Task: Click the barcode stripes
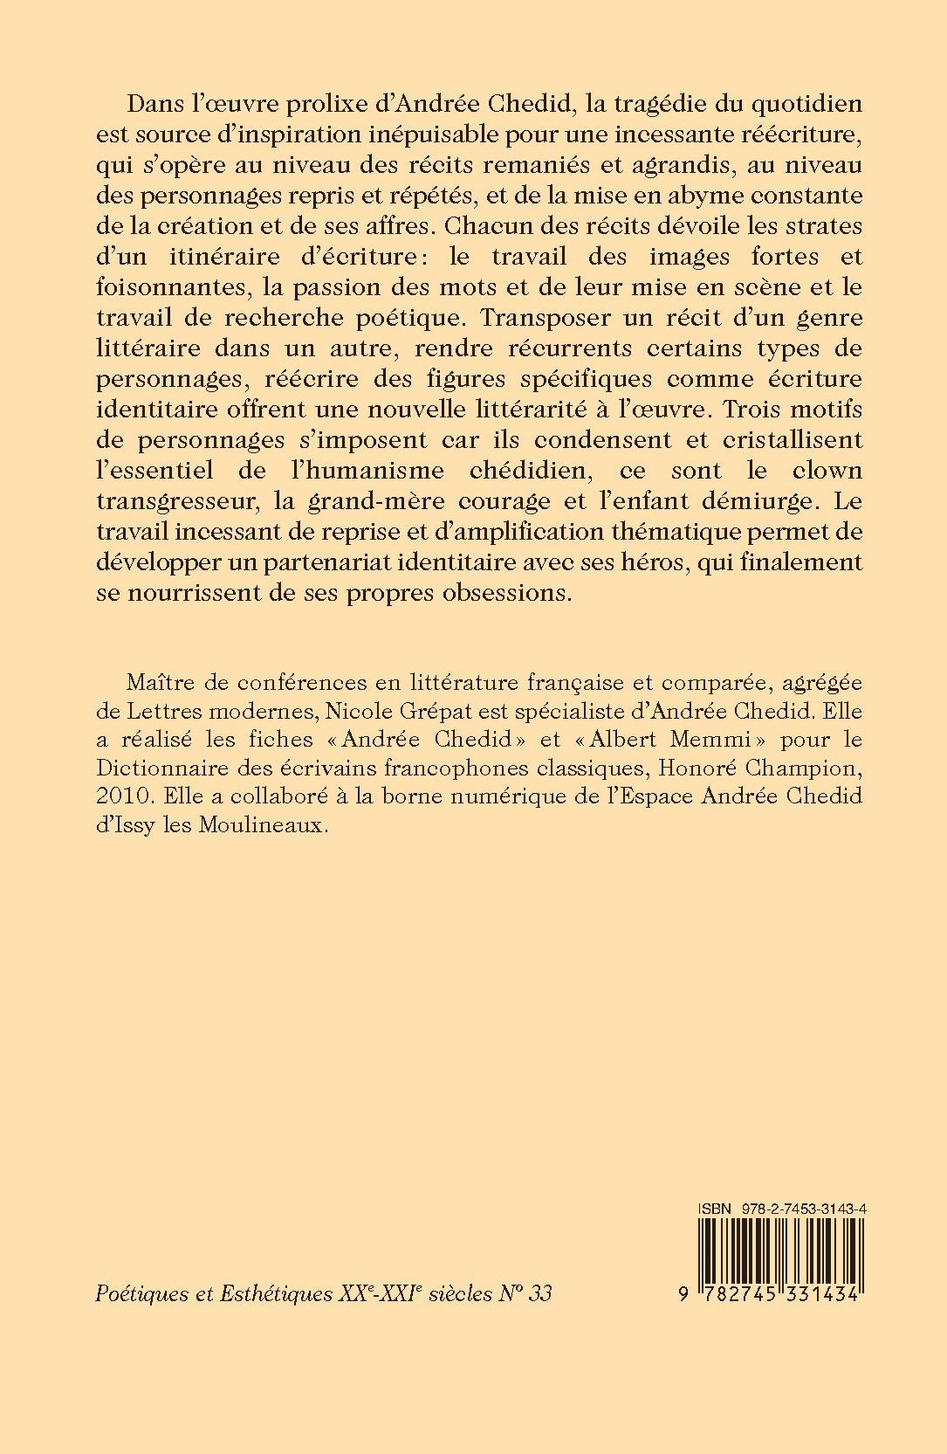click(782, 1254)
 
